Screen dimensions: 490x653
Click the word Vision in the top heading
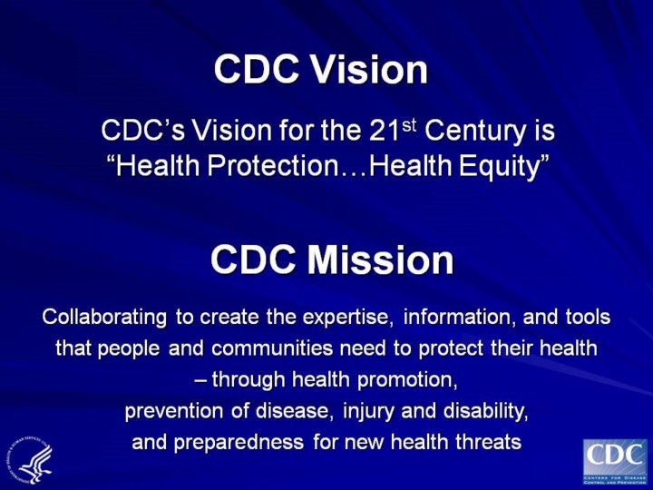pyautogui.click(x=374, y=70)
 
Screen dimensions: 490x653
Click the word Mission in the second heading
pyautogui.click(x=380, y=260)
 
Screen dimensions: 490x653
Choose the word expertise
pyautogui.click(x=347, y=318)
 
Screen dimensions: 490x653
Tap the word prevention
pyautogui.click(x=172, y=411)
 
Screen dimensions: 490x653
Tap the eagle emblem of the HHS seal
pyautogui.click(x=34, y=462)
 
